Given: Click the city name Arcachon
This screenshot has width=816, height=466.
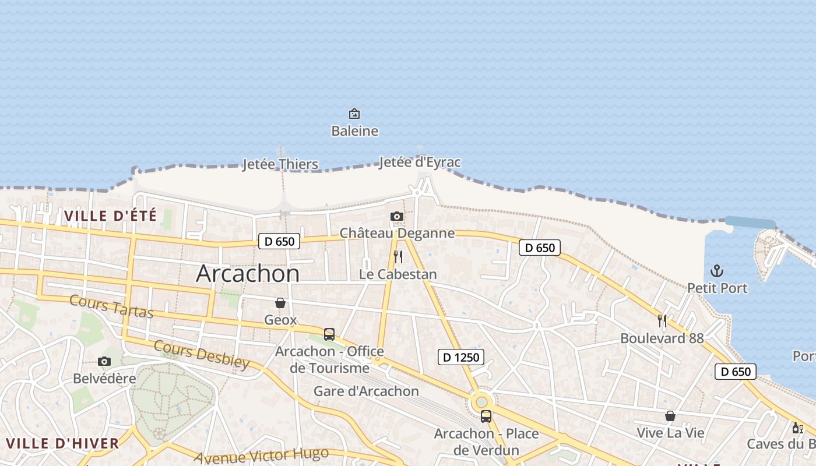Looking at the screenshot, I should [x=248, y=273].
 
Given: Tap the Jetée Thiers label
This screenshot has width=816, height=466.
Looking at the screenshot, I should [x=280, y=164].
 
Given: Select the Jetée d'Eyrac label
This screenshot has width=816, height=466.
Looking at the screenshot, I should [x=420, y=162].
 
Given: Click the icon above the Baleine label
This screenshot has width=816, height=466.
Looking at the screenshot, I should [x=354, y=114].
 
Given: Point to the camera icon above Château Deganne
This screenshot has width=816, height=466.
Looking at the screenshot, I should [x=396, y=217].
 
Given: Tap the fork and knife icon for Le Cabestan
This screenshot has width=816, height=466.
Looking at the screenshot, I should [x=398, y=257].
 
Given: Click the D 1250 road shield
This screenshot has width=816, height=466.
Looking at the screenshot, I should [x=460, y=357].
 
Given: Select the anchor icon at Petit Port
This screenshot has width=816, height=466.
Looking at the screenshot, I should [x=717, y=271].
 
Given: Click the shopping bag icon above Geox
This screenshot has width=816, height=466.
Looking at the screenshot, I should [x=280, y=303].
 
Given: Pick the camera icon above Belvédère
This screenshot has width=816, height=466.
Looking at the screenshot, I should [x=104, y=362].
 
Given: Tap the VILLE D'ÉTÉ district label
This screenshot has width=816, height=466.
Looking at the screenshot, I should [x=110, y=216].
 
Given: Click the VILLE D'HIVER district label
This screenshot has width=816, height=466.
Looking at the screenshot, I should [x=62, y=443].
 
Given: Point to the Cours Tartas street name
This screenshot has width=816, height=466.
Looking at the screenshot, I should [x=111, y=306].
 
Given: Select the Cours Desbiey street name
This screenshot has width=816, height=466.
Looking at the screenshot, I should [x=201, y=355].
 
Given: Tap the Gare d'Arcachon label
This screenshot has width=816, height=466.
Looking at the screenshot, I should [x=366, y=391].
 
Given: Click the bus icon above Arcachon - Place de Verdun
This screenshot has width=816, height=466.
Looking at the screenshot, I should [x=486, y=416].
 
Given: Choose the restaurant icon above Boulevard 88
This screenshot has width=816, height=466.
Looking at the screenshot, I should [x=662, y=320].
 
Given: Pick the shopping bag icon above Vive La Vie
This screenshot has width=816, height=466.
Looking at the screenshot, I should [x=670, y=416].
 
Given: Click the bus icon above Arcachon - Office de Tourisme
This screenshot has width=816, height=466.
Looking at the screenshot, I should [x=329, y=334].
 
